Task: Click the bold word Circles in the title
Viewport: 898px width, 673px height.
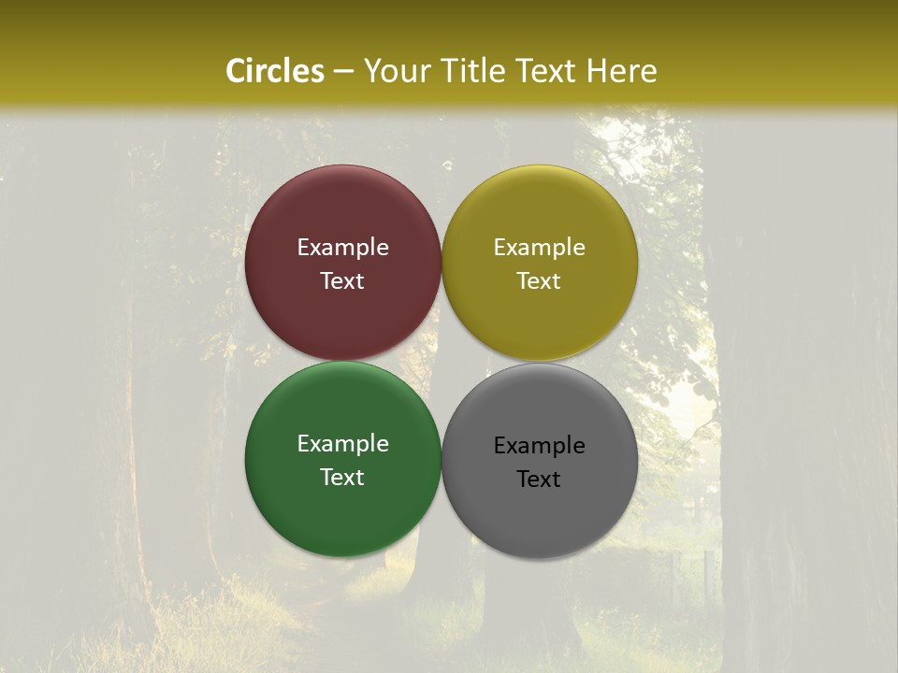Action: [x=275, y=71]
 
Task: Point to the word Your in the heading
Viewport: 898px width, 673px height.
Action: [x=396, y=71]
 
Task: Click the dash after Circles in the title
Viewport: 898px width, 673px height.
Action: [x=343, y=72]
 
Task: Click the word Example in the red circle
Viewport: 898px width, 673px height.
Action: [x=342, y=248]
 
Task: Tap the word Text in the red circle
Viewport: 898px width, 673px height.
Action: [x=342, y=281]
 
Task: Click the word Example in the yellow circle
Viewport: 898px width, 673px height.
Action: [x=540, y=248]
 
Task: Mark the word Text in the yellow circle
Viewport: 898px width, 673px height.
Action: [x=540, y=281]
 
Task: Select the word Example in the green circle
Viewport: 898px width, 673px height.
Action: [x=342, y=444]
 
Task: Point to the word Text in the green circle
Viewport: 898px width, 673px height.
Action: [x=342, y=478]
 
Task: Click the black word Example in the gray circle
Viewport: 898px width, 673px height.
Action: [x=540, y=446]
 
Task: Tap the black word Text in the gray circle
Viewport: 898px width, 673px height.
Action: [x=540, y=480]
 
